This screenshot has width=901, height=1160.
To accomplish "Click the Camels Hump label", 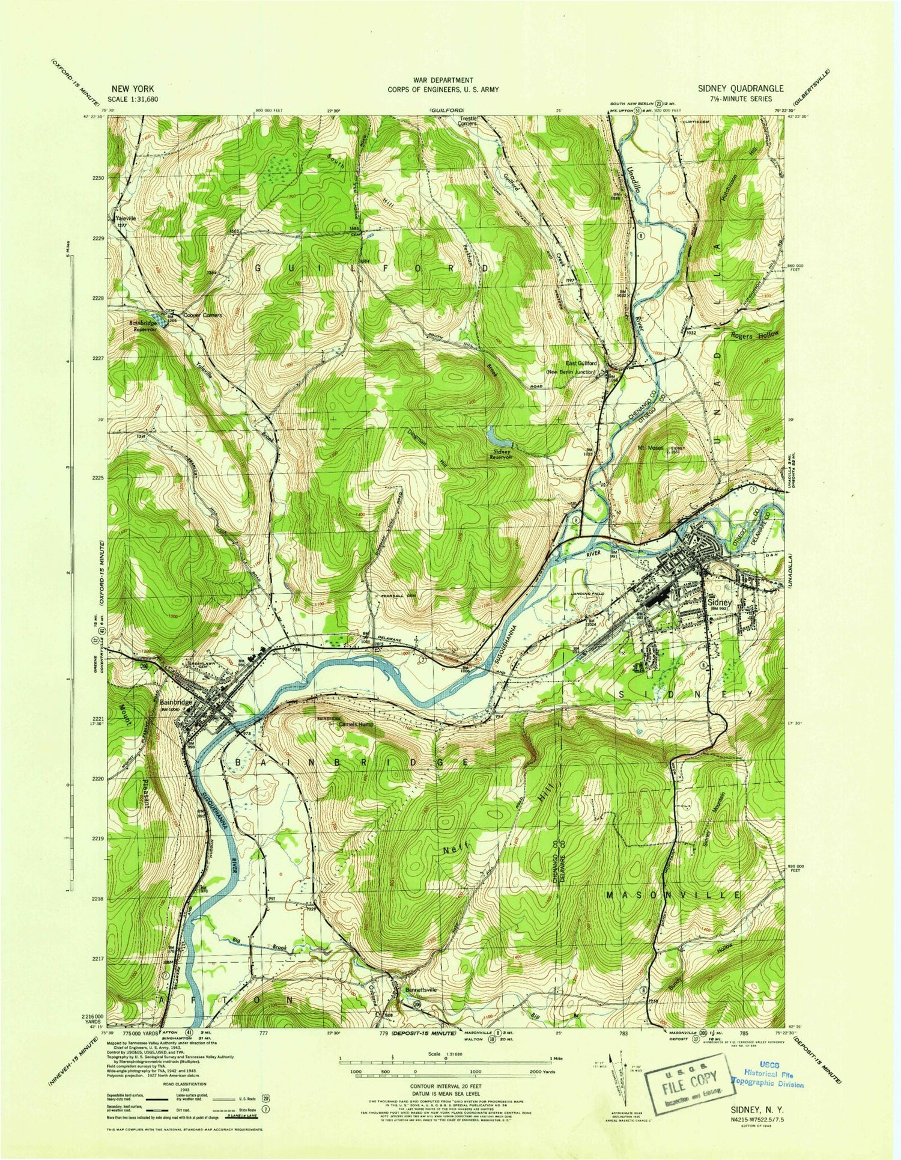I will (x=356, y=724).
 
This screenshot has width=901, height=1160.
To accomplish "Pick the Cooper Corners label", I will (x=203, y=315).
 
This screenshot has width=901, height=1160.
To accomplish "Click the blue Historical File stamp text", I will (x=768, y=1080).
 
